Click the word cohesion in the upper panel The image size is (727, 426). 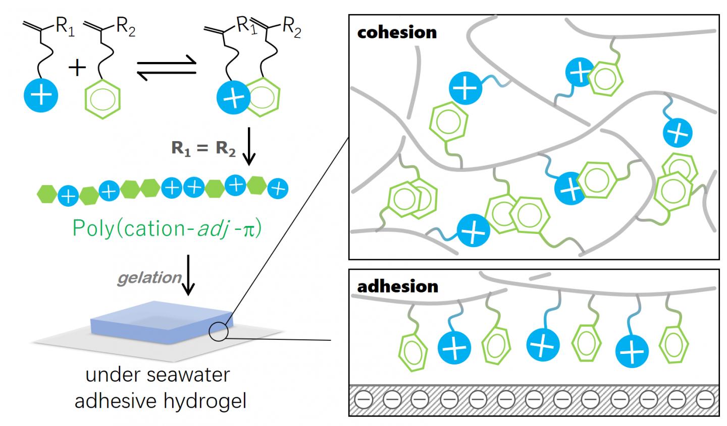tap(397, 32)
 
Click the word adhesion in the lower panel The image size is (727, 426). tap(397, 286)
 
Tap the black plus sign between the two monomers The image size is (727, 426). tap(77, 68)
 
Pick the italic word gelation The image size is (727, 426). tap(149, 278)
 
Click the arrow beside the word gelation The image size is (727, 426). tap(188, 283)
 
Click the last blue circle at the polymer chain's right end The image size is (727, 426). tap(277, 189)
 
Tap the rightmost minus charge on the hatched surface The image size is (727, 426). tap(703, 401)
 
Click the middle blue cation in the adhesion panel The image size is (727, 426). tap(543, 345)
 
